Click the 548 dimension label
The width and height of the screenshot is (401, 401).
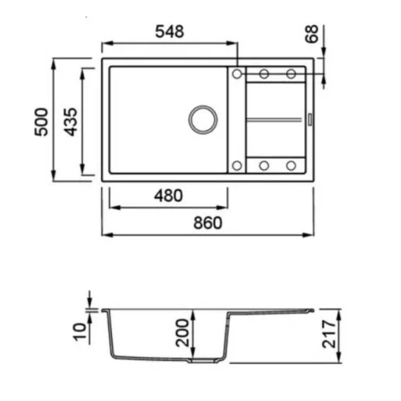point(169,31)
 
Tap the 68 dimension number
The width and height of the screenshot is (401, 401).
point(312,34)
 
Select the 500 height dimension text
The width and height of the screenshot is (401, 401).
point(42,121)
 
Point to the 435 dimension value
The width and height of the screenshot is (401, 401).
point(70,122)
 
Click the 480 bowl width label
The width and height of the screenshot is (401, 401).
point(168,196)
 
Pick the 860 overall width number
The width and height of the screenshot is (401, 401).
point(208,223)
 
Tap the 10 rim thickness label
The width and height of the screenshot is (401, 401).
point(80,331)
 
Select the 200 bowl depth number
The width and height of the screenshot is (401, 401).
point(182,333)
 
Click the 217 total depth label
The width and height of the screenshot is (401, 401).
point(329,334)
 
